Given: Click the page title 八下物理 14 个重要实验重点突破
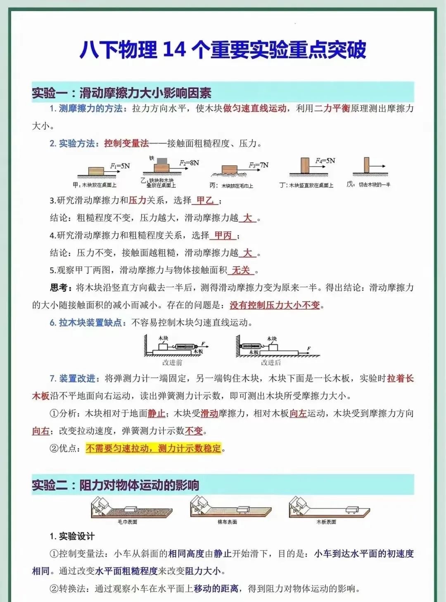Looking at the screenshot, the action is point(223,50).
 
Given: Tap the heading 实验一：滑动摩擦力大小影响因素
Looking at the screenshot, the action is point(121,93).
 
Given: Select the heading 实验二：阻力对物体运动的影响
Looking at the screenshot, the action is point(115,485).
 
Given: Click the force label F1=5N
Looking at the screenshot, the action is point(120,166).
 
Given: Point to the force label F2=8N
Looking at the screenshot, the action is point(189,163).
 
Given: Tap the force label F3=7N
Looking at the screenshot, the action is point(259,165).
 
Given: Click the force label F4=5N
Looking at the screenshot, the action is point(325,161).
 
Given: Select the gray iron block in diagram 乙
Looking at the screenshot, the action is point(161,161).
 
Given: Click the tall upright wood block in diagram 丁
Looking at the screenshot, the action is point(305,165).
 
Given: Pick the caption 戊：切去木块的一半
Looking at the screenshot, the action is point(368,184).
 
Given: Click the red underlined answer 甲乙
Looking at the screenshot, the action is point(205,201).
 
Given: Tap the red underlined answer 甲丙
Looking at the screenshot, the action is point(223,236).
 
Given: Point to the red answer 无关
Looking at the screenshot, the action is point(241,270).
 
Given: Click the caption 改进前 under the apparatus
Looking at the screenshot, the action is point(172,362).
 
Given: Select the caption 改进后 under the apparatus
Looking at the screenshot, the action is point(271,362).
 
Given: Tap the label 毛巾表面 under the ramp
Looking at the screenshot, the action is point(127,522).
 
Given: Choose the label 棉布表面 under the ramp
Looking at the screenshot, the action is point(227,522).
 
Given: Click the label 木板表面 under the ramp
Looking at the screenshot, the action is point(326,522).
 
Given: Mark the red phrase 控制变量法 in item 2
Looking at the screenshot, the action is point(126,143).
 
